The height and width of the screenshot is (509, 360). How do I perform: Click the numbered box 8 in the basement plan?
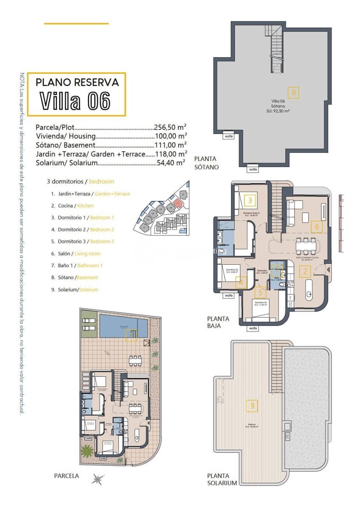click(293, 92)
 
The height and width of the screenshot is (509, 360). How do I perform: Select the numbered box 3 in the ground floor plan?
click(250, 200)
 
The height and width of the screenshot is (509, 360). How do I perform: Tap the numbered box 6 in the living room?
click(317, 227)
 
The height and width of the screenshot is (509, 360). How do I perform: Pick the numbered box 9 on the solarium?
click(252, 406)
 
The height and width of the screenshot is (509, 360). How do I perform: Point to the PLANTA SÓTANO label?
click(206, 163)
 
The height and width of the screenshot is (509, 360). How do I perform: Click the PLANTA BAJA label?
click(218, 322)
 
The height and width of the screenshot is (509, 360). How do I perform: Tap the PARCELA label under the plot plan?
click(67, 476)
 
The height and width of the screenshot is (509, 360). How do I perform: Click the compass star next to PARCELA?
click(98, 479)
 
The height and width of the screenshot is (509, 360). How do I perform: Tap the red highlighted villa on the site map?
click(177, 203)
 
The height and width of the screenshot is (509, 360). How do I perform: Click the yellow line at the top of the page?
click(76, 23)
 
